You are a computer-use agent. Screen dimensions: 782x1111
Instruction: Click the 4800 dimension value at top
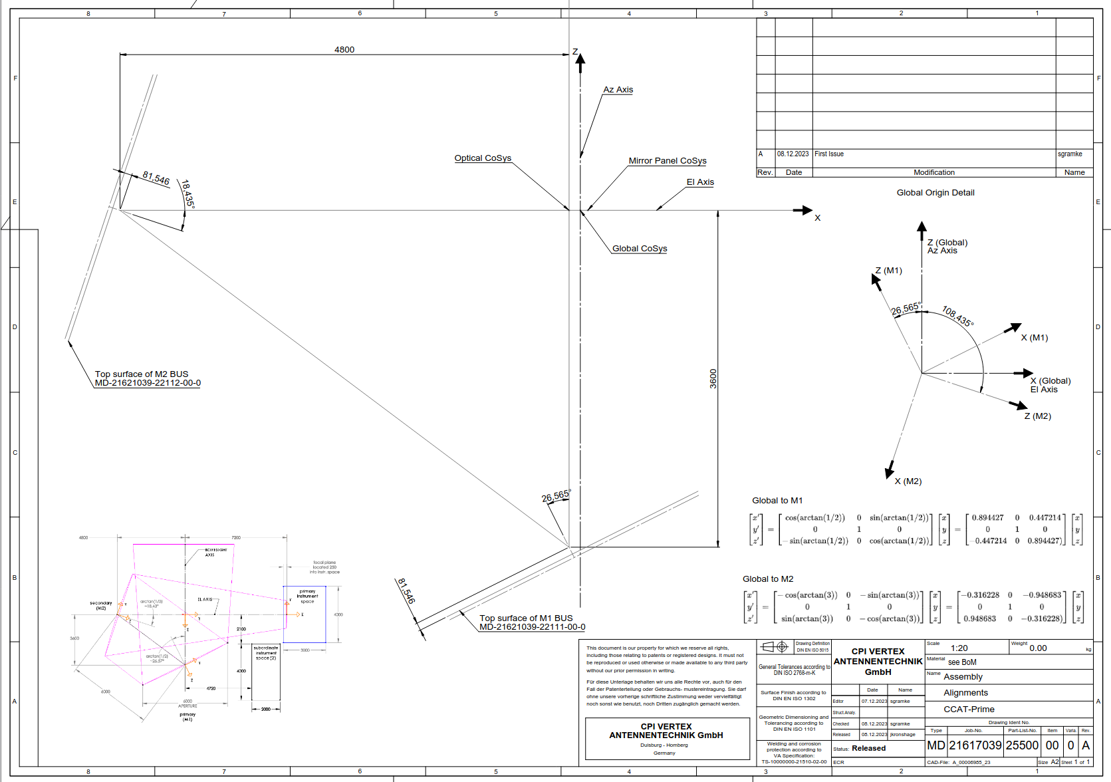coord(344,50)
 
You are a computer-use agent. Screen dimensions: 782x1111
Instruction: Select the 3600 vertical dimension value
coord(713,378)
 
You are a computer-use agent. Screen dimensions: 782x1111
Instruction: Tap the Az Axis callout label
coord(618,90)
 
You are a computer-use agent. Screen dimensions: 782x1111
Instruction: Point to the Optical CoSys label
coord(483,158)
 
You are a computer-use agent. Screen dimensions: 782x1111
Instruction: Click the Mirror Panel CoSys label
coord(668,161)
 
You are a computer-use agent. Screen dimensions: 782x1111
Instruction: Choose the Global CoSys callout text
coord(640,249)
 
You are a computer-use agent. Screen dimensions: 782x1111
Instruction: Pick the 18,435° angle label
coord(188,194)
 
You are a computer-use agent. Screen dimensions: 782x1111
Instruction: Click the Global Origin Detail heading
coord(935,193)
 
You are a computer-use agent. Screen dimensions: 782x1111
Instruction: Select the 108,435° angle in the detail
coord(958,316)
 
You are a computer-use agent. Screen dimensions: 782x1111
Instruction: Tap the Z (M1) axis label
coord(889,271)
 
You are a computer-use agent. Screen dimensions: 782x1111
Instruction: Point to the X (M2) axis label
coord(908,481)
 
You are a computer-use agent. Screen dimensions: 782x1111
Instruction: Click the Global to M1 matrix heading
coord(777,501)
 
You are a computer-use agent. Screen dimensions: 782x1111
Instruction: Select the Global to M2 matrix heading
coord(768,579)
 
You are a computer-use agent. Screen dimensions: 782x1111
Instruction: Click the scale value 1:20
coord(959,648)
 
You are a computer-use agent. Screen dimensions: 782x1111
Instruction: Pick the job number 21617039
coord(975,745)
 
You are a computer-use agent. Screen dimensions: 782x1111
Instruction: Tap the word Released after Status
coord(869,748)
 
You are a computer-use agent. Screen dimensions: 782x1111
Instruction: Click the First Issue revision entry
coord(829,154)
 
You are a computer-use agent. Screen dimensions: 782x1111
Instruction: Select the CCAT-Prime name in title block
coord(969,710)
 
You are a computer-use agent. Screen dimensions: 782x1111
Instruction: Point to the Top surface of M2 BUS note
coord(142,374)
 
